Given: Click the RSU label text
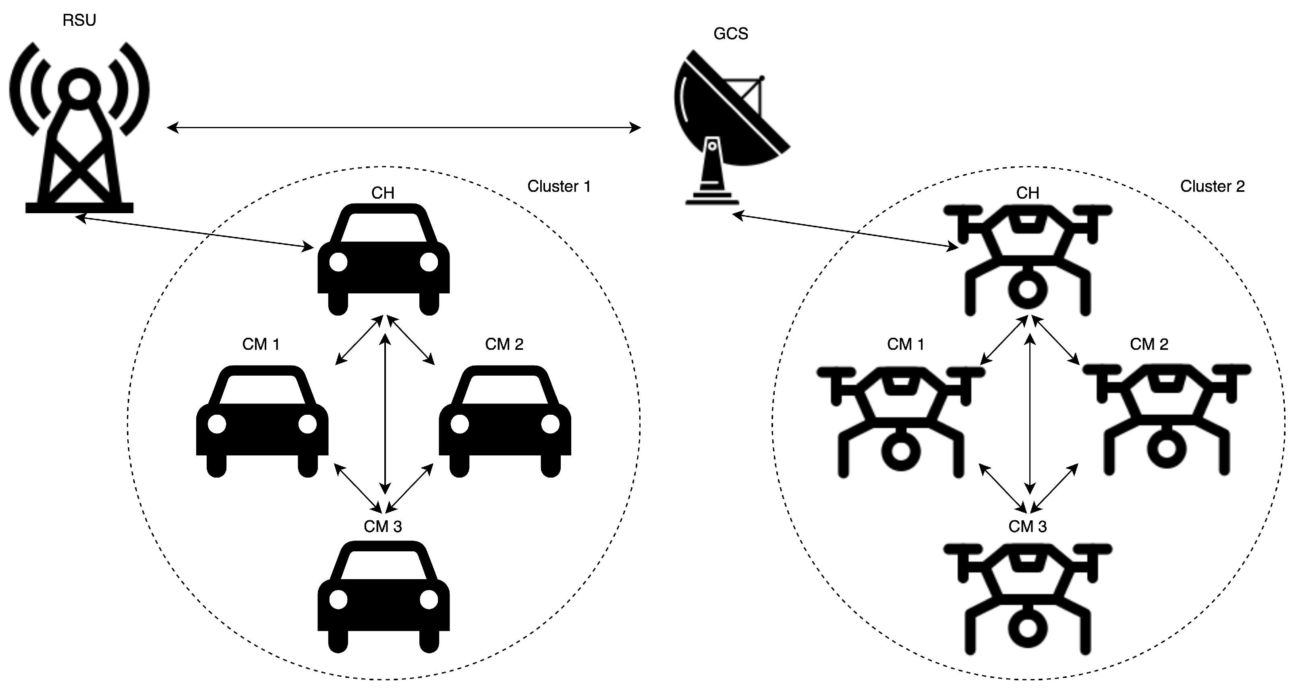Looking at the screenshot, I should click(x=79, y=20).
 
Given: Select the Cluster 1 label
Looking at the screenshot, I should click(x=558, y=187).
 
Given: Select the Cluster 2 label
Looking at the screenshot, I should click(x=1212, y=187).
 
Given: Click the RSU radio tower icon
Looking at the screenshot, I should click(x=79, y=131).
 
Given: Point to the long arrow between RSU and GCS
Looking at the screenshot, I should click(x=403, y=128).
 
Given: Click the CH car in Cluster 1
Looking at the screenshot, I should click(x=383, y=262).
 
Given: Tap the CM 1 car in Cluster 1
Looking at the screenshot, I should click(x=262, y=423).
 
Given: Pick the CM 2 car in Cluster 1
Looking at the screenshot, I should click(x=504, y=423).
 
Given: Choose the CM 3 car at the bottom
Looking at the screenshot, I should click(x=383, y=600).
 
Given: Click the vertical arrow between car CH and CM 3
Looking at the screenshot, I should click(x=385, y=413).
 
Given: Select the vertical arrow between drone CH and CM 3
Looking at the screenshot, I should click(x=1030, y=413).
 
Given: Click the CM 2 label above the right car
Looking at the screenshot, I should click(x=504, y=344).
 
